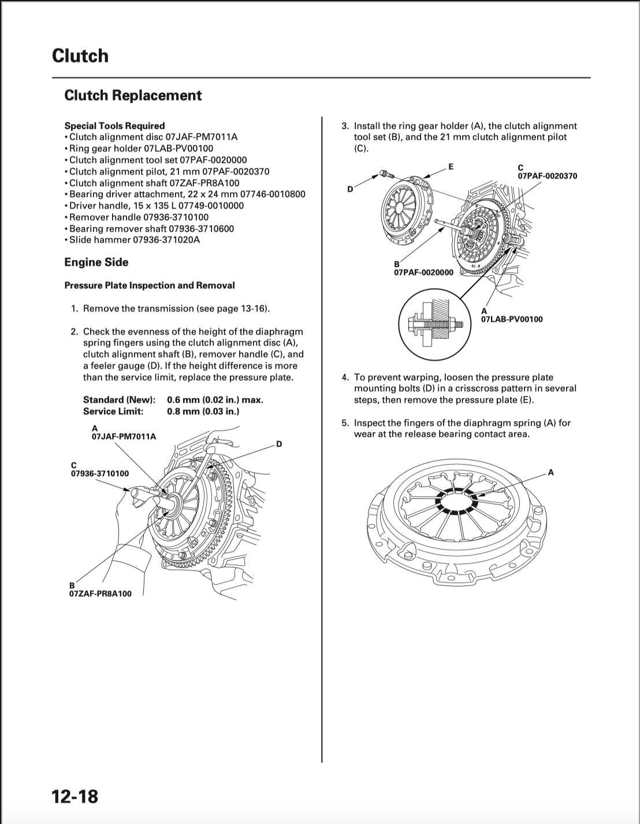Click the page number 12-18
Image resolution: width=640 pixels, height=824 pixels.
click(x=75, y=796)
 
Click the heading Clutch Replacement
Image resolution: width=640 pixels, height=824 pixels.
click(x=133, y=95)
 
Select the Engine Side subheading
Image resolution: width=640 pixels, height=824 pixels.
click(x=96, y=262)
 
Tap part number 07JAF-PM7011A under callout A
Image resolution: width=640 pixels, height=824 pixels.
click(x=124, y=437)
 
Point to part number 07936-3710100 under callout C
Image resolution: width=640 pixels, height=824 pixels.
click(x=100, y=474)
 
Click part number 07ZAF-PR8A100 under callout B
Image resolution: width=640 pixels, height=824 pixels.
click(x=101, y=594)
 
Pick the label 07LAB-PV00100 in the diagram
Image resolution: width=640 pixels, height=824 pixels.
click(x=512, y=319)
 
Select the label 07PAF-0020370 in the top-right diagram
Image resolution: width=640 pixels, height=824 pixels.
click(x=547, y=176)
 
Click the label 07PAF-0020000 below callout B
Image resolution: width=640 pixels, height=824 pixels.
click(x=424, y=273)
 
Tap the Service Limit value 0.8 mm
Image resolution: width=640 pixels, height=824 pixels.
click(x=203, y=411)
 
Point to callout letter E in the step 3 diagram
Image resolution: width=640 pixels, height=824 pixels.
click(x=451, y=167)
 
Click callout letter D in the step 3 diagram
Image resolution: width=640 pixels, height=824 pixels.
click(x=349, y=190)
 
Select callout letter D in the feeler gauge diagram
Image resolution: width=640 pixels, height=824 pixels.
click(x=278, y=444)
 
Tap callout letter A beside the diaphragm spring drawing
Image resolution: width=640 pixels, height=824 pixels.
click(x=550, y=473)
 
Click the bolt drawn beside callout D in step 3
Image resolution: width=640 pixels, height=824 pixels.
click(x=385, y=173)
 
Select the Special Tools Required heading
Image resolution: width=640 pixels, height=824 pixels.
click(x=114, y=126)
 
